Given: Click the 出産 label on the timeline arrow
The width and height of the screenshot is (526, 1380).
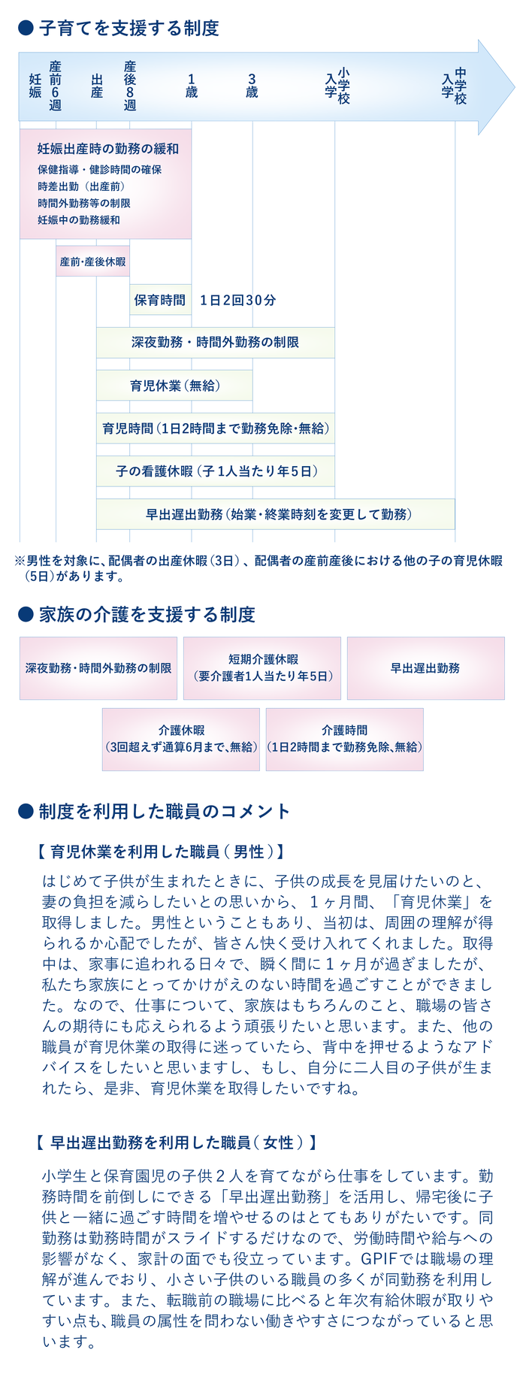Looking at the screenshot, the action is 97,86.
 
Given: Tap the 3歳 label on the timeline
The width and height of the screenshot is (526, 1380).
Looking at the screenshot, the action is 252,86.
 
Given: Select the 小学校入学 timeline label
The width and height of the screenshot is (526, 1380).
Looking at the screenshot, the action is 337,86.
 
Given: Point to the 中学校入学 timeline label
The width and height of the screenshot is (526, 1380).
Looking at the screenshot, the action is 455,86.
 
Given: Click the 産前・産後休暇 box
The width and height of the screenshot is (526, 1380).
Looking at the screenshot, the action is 93,262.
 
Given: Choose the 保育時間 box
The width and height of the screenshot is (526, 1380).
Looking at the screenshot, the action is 160,300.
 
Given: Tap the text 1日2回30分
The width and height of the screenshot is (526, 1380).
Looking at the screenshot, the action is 238,301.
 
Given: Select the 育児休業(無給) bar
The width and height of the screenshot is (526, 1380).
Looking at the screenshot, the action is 174,386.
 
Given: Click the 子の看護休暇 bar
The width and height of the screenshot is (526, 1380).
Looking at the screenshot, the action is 216,471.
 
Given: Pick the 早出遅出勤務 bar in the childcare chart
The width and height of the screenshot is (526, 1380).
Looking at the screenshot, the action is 276,514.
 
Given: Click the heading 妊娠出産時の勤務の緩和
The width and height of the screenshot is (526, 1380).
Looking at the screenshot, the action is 108,149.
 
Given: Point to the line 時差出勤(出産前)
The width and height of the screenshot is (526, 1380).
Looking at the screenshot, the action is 81,186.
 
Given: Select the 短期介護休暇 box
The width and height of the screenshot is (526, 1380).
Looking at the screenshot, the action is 262,668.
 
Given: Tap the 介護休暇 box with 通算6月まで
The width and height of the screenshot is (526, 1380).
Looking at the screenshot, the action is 181,739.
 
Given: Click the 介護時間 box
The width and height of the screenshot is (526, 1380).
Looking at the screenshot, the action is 345,739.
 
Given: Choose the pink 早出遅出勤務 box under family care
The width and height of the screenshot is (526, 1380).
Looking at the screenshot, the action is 426,668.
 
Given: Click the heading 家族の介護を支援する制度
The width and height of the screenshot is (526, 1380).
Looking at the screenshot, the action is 147,615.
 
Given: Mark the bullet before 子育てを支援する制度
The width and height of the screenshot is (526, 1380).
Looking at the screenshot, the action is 26,29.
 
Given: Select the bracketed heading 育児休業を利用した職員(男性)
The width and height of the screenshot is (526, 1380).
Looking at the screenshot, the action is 159,852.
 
